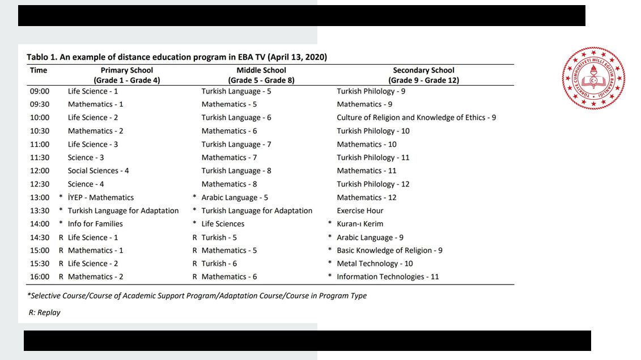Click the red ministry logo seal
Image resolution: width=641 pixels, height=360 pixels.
(x=593, y=78)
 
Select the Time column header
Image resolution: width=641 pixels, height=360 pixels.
(x=39, y=70)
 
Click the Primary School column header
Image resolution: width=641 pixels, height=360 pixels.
(x=127, y=75)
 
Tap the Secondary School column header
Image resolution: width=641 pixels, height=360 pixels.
(x=423, y=75)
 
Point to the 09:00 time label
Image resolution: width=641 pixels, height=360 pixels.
(x=40, y=91)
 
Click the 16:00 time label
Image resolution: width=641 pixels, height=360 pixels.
(x=40, y=277)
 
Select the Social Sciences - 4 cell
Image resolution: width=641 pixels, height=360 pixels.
(x=98, y=171)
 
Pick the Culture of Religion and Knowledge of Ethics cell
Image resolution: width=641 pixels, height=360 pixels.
(x=416, y=117)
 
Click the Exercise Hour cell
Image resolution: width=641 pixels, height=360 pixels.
(x=360, y=210)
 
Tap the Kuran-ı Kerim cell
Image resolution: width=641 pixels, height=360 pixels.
(x=360, y=224)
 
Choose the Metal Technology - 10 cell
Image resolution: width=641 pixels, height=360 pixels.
(x=375, y=264)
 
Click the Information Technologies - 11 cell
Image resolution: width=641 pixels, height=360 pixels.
(x=388, y=277)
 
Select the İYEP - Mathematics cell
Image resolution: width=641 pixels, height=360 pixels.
(x=101, y=197)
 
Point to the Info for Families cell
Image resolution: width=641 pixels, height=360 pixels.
(x=95, y=224)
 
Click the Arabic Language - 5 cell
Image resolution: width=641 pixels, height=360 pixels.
(x=235, y=197)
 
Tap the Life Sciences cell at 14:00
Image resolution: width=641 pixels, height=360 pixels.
(x=223, y=224)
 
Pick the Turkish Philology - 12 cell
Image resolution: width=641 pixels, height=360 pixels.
(x=373, y=184)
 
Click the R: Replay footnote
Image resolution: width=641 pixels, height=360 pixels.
(x=44, y=312)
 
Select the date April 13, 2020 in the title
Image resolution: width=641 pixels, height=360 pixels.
(x=297, y=57)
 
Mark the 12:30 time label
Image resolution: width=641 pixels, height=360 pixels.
(x=40, y=184)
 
